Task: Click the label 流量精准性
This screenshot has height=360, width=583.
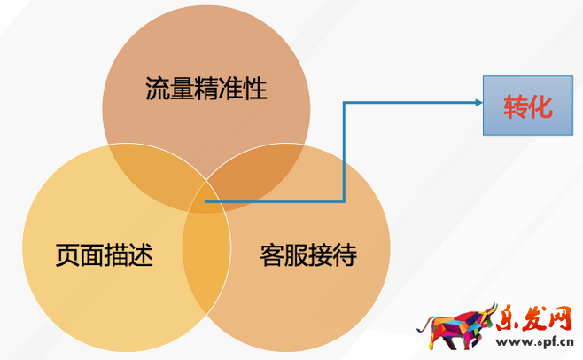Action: pyautogui.click(x=206, y=90)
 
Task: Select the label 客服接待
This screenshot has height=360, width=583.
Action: pyautogui.click(x=308, y=256)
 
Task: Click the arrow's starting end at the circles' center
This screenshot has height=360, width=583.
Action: pyautogui.click(x=206, y=200)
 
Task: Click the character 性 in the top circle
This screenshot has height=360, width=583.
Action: pyautogui.click(x=255, y=90)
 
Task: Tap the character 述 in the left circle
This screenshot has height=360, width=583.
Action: pyautogui.click(x=141, y=256)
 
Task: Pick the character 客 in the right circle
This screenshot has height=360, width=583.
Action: pyautogui.click(x=272, y=256)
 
